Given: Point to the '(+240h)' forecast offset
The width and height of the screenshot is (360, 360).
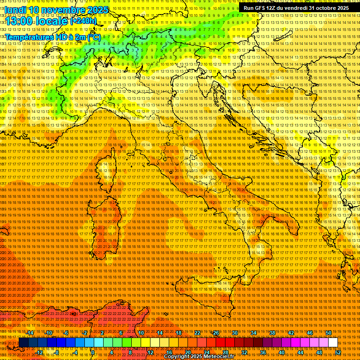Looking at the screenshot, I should [83, 21].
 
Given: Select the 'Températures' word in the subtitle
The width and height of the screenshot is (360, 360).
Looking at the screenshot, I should [28, 37].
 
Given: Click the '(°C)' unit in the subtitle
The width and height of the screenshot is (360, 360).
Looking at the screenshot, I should [94, 37].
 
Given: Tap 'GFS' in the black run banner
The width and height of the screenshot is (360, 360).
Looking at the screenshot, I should [260, 8].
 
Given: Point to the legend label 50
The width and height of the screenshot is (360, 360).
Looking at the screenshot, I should [329, 333].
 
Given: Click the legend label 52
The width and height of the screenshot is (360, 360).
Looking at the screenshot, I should [337, 352].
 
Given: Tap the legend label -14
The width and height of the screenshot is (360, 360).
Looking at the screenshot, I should [30, 333].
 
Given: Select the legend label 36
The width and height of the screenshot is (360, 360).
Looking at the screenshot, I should [262, 352].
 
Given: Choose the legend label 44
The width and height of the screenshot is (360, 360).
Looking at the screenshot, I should [300, 352].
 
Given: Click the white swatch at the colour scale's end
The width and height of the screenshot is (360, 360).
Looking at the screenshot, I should [333, 343].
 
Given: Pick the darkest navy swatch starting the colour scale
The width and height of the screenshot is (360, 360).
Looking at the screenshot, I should [23, 343].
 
